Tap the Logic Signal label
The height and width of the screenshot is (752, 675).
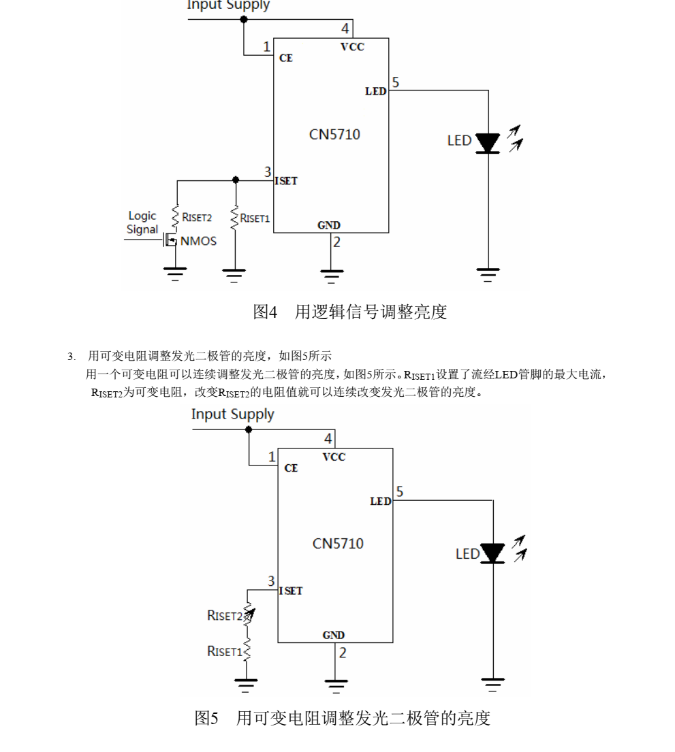[142, 223]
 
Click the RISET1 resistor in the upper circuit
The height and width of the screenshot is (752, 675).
[234, 218]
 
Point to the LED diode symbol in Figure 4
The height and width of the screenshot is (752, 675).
[488, 143]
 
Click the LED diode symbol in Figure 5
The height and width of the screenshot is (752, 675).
[492, 553]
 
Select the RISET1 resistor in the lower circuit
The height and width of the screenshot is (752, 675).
[247, 650]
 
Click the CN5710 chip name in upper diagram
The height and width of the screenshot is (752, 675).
[334, 134]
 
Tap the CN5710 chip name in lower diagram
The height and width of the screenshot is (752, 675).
[338, 544]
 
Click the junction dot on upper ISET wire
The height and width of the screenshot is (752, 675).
[236, 180]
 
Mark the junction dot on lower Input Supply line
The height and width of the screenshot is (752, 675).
[249, 429]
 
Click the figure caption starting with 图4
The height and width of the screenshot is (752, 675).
[350, 312]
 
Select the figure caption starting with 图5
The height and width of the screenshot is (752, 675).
[343, 718]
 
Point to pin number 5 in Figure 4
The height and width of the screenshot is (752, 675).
[396, 83]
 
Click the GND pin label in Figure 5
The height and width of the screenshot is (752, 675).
[334, 635]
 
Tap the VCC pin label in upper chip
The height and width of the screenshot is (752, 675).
[352, 47]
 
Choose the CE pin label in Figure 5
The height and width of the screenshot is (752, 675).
[291, 468]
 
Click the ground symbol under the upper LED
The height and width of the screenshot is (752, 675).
[488, 274]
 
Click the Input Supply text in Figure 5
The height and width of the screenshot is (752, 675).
[232, 414]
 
